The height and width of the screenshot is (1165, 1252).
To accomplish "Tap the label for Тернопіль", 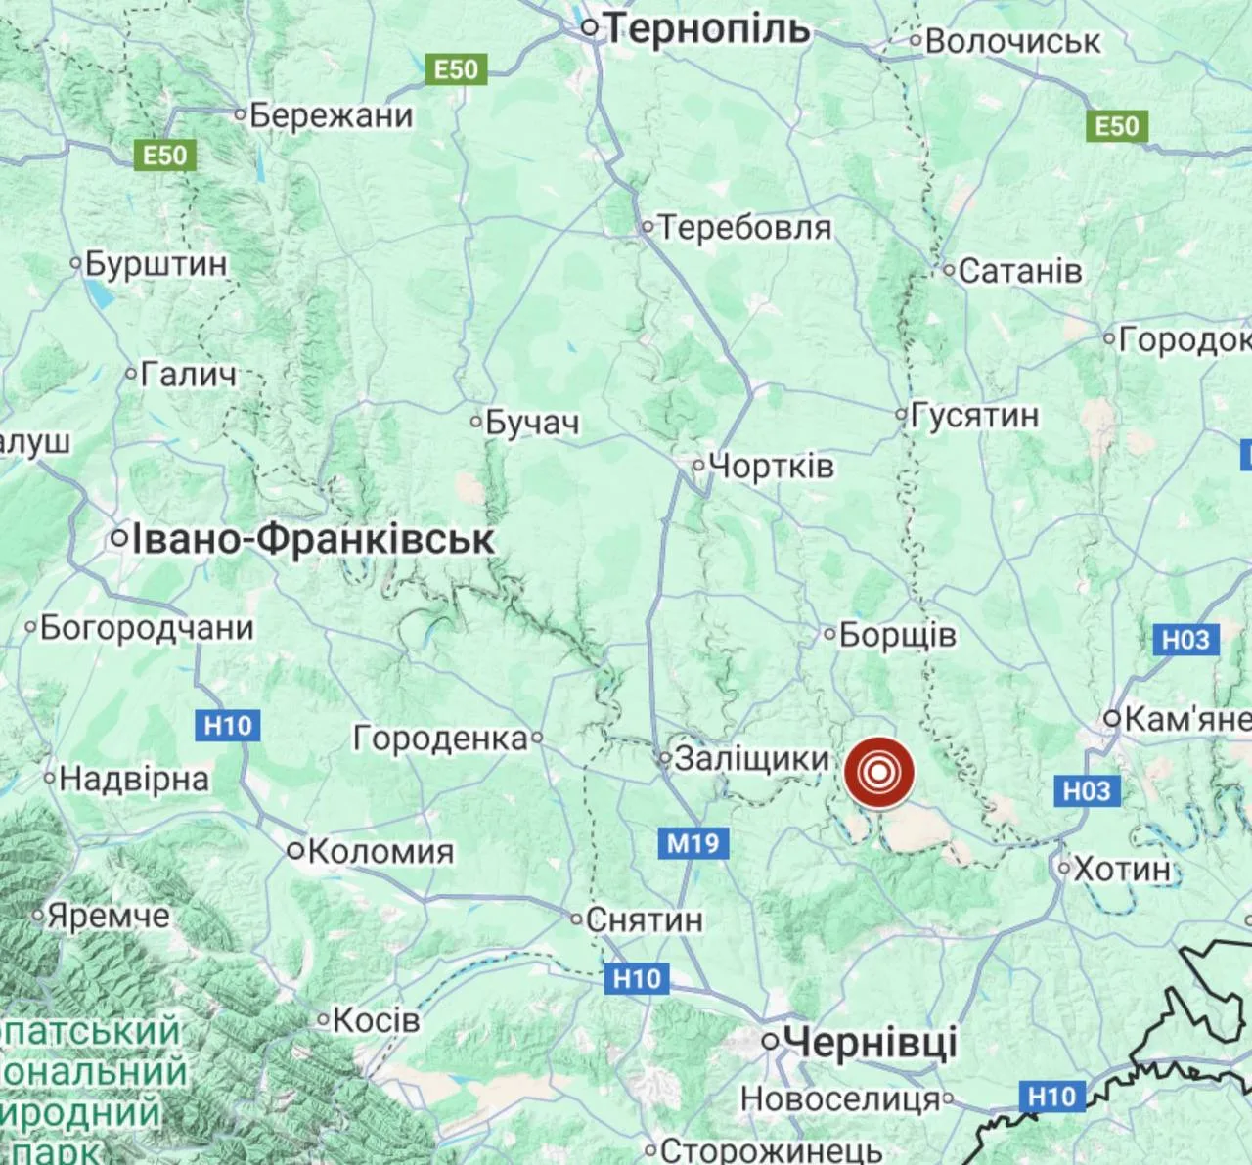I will pos(707,29).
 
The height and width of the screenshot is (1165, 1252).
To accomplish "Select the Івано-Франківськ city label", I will pos(313,539).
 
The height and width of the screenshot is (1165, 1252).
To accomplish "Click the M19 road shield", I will pos(693,842).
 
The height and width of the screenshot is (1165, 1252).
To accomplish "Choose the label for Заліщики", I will pos(752,758).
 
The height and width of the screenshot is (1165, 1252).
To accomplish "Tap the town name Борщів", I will pos(897,635).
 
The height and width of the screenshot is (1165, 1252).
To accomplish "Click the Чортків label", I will pos(771,466).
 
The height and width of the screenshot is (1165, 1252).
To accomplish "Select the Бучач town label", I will pos(532,423).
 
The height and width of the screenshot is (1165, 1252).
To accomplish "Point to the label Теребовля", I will pos(743,228).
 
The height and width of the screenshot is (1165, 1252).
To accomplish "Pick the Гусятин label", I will pos(974,415).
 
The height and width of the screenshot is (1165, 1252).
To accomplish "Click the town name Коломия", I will pos(380,851).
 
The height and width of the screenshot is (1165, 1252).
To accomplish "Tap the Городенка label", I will pos(440,739).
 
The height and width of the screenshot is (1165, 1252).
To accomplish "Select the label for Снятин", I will pos(645,919).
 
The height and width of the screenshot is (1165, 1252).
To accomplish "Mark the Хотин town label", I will pos(1122,868).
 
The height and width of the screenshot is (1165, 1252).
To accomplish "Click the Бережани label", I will pos(331,115).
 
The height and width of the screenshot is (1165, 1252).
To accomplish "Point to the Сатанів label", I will pos(1020,271).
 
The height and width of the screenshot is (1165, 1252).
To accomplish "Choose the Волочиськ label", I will pos(1012,41).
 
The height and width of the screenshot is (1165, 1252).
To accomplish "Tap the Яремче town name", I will pos(108,917).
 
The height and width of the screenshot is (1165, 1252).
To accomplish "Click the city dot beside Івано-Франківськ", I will pos(119,538).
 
